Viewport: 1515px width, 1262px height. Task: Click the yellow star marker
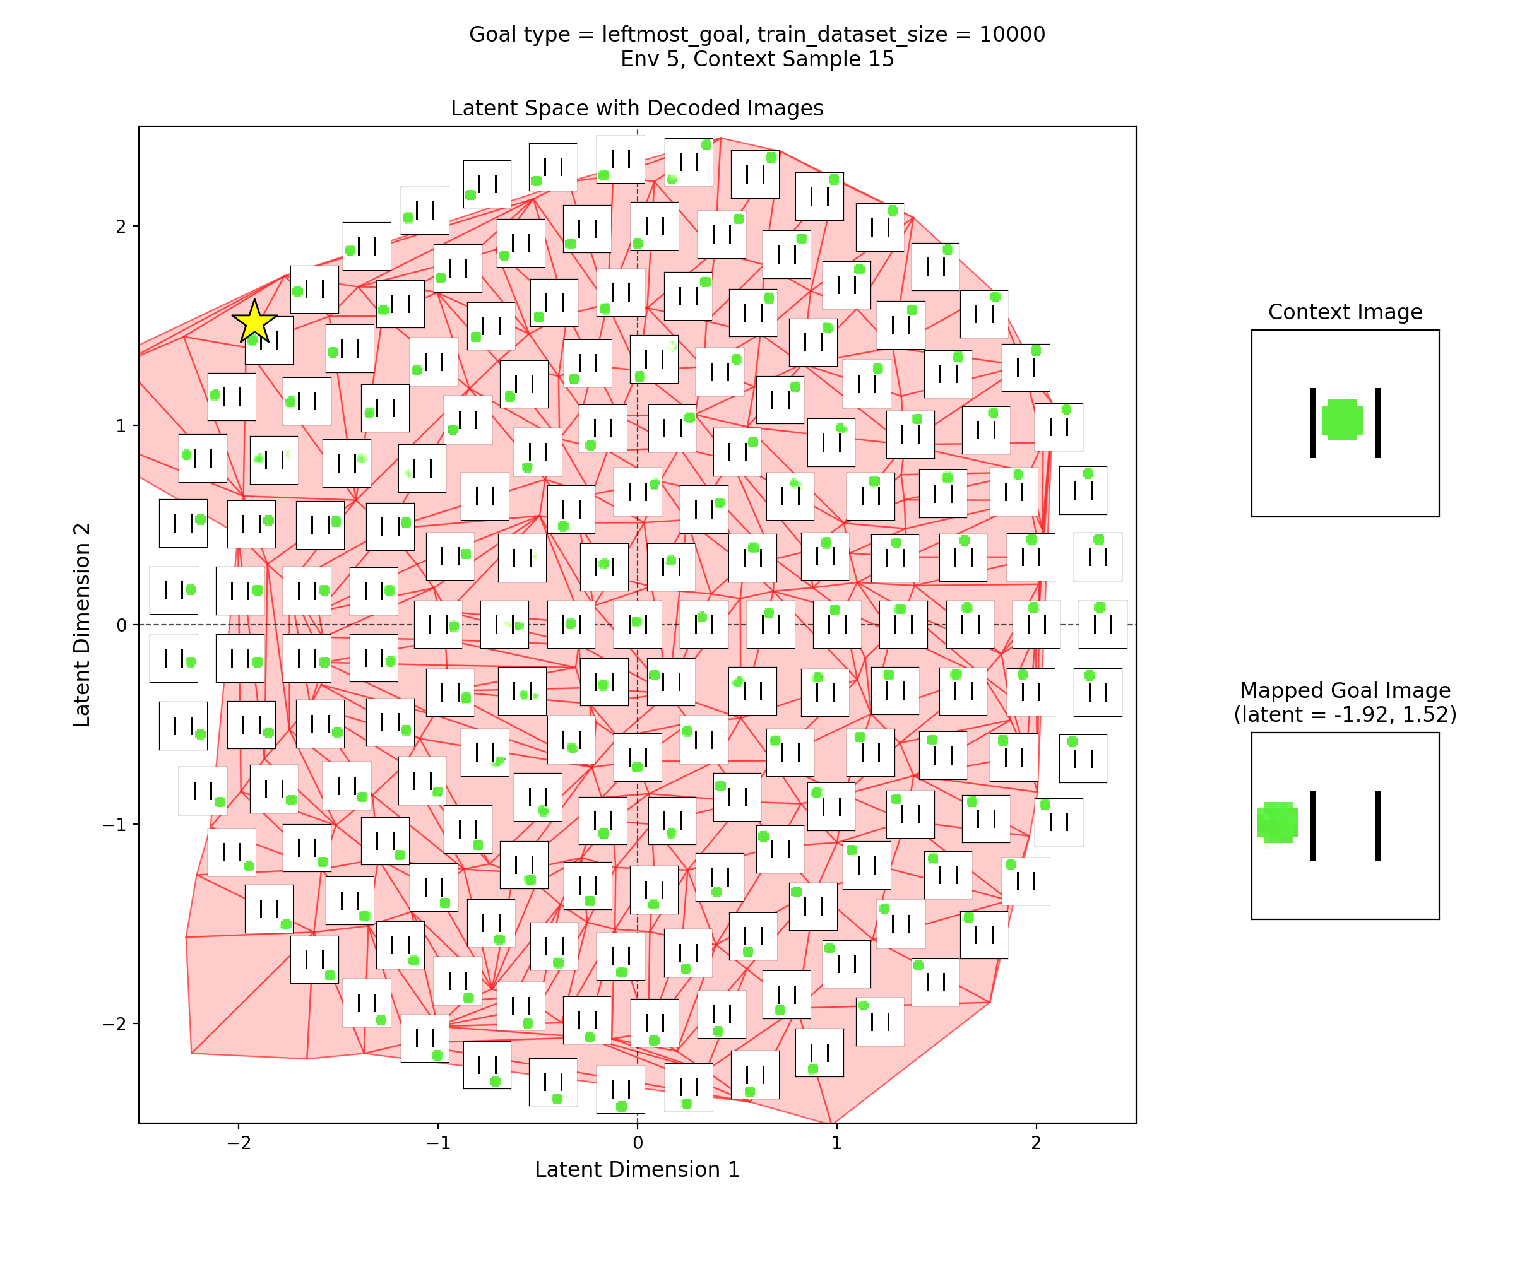(254, 322)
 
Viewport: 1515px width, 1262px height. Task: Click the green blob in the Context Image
(1342, 420)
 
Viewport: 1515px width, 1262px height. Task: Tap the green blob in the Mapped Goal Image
(1278, 822)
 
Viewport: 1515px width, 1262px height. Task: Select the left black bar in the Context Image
(1313, 423)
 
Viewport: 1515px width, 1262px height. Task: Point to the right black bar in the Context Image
(1377, 423)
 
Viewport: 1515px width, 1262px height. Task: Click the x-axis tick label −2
(238, 1142)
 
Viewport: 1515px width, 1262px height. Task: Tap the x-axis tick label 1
(836, 1142)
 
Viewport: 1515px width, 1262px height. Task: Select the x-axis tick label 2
(1036, 1142)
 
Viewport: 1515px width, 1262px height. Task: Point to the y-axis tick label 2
(121, 227)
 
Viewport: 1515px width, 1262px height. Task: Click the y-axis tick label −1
(115, 824)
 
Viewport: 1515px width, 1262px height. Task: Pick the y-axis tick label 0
(121, 625)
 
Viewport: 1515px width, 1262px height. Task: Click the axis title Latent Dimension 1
(637, 1170)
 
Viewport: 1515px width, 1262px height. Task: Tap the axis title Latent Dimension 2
(82, 625)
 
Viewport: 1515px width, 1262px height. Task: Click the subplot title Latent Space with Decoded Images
(637, 108)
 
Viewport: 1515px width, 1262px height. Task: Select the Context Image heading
(1345, 312)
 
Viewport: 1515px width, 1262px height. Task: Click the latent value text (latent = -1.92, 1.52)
(1345, 715)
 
